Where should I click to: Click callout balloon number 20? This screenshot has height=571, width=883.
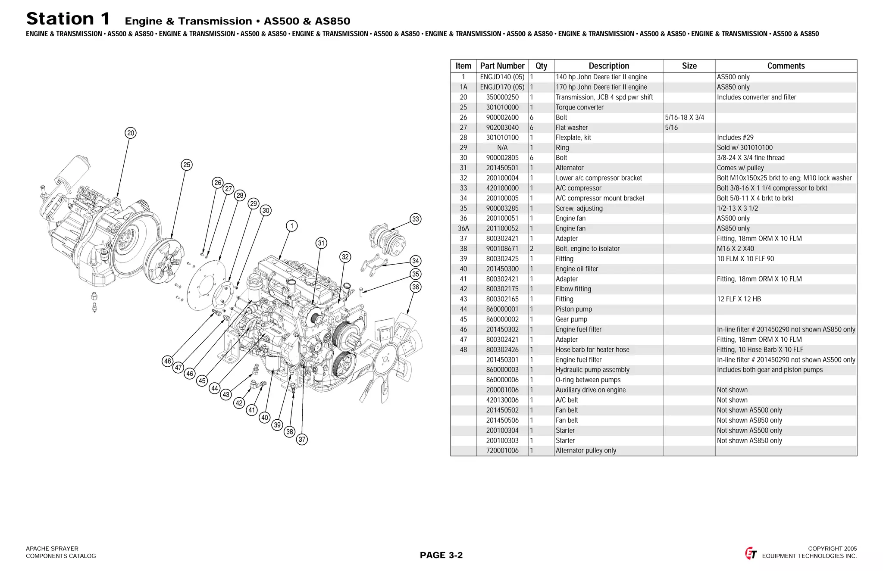(131, 133)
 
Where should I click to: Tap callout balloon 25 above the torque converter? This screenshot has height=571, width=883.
(187, 165)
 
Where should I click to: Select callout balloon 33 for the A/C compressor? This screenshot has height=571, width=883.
(415, 219)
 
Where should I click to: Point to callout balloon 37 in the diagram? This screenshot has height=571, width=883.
(302, 440)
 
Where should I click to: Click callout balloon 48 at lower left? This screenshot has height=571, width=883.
(168, 361)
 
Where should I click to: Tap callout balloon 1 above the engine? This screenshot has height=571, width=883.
(292, 226)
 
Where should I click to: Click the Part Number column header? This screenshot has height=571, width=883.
(502, 66)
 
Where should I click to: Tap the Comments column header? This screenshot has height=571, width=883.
(786, 66)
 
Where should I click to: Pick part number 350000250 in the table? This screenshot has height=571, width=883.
(502, 97)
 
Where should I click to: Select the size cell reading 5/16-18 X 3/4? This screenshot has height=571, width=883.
(684, 117)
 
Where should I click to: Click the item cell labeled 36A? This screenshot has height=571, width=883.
(463, 228)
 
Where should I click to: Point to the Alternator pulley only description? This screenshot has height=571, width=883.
(586, 450)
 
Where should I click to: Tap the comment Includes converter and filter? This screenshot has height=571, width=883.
(756, 97)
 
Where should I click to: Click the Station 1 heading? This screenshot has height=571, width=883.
(68, 19)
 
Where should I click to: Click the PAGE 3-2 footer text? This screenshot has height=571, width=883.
(441, 555)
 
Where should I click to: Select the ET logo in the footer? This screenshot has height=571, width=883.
(751, 553)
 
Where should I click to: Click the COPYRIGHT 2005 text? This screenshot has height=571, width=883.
(832, 549)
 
